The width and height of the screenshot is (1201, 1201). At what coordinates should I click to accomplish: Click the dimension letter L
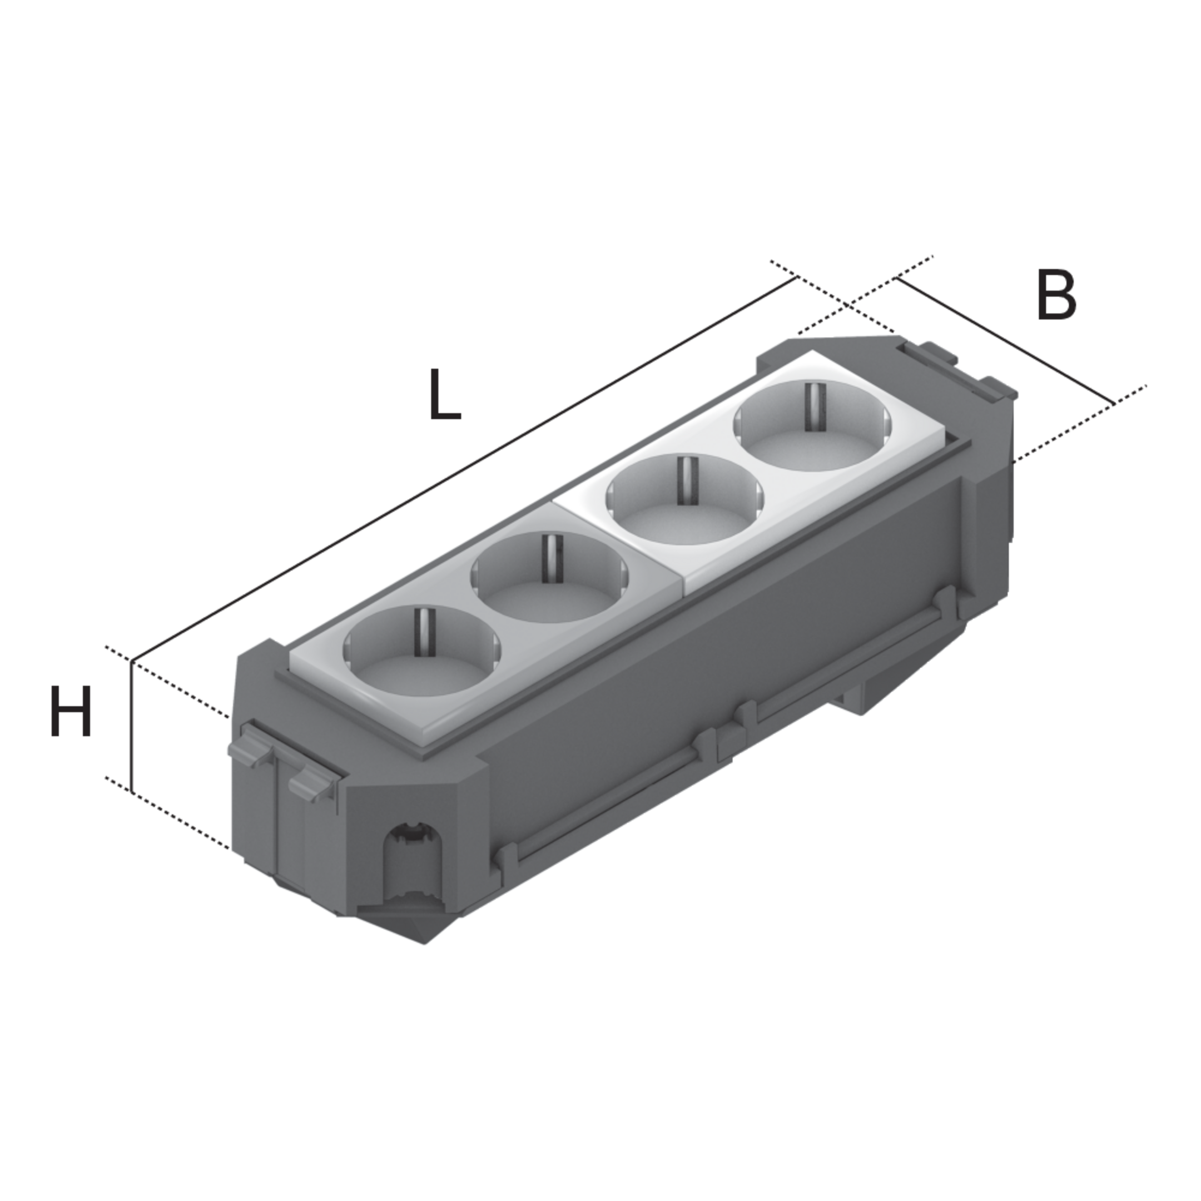[x=445, y=395]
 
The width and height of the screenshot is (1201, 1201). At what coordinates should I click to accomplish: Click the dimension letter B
[x=1056, y=295]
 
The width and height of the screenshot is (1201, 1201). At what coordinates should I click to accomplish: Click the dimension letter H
[x=70, y=711]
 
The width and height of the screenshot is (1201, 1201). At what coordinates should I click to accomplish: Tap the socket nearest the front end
[x=422, y=649]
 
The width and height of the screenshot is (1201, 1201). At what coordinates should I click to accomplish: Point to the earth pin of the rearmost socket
[x=811, y=406]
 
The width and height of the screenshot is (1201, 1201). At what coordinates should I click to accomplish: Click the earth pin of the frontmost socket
[x=422, y=632]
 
